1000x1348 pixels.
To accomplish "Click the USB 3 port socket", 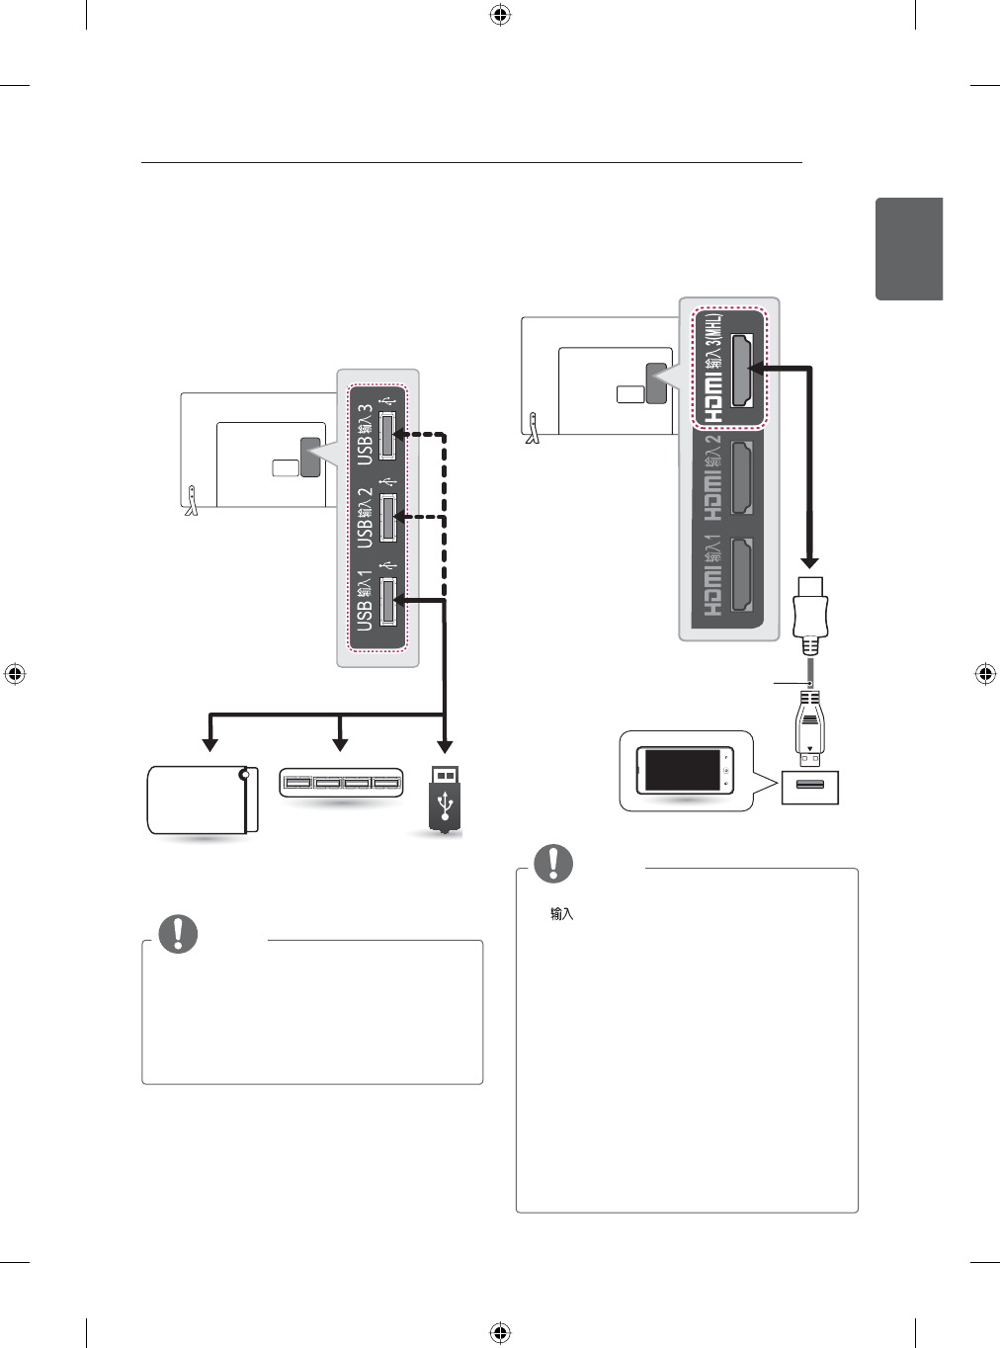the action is [x=386, y=434].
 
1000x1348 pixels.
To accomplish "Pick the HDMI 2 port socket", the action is [x=741, y=478].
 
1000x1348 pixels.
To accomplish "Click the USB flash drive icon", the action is [x=445, y=799].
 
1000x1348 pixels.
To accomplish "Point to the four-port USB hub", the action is [x=341, y=785].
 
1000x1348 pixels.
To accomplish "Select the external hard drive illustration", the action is [x=203, y=799].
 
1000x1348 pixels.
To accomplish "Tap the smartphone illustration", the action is [x=685, y=770].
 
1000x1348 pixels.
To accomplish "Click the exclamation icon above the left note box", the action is [x=178, y=933].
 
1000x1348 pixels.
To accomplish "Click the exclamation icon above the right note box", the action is [x=553, y=863].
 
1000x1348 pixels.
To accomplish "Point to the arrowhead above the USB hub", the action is [x=340, y=744].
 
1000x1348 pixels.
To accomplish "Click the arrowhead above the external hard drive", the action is [x=208, y=744].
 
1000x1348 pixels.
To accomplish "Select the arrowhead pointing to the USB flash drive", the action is [x=445, y=745].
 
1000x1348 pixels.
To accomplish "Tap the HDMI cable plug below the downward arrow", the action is [x=810, y=615].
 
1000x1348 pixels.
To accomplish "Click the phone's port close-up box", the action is [x=810, y=786].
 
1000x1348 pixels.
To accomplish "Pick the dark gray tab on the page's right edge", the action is [x=909, y=249].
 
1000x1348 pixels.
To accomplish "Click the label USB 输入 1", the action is [x=365, y=600].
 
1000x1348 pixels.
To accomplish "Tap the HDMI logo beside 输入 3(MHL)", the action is [x=713, y=397].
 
